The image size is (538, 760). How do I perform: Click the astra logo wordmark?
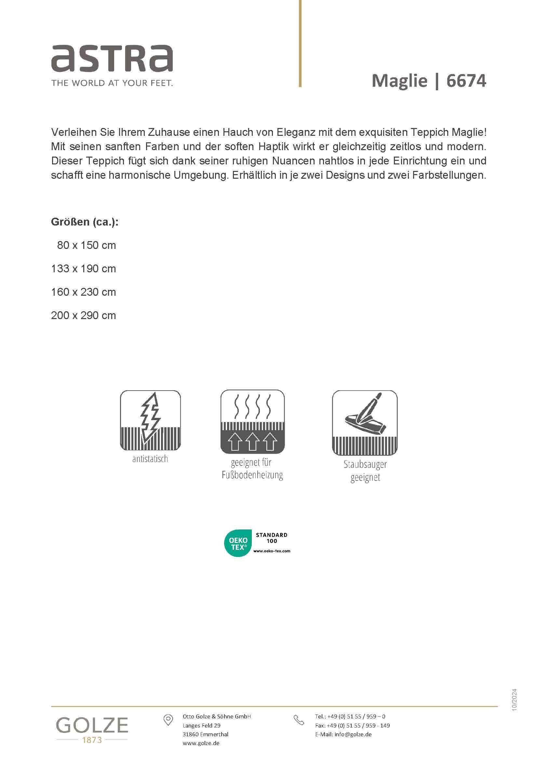point(112,58)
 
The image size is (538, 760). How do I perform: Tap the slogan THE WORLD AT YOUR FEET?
point(112,83)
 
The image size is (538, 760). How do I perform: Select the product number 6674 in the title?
point(466,81)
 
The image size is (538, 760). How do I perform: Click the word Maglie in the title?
point(399,81)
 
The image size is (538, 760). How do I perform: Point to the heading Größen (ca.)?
point(85,222)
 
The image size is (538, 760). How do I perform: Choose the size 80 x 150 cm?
point(86,245)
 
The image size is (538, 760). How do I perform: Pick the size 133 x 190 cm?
point(84,269)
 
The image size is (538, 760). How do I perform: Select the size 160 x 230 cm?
point(84,292)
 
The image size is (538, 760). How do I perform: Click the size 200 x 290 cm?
point(84,316)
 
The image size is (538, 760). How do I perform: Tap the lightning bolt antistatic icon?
point(150,420)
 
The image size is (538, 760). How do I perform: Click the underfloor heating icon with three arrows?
point(252,421)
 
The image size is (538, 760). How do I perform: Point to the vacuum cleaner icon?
point(364,422)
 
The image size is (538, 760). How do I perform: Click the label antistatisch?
point(150,459)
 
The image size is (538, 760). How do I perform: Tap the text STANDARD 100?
point(271,538)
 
